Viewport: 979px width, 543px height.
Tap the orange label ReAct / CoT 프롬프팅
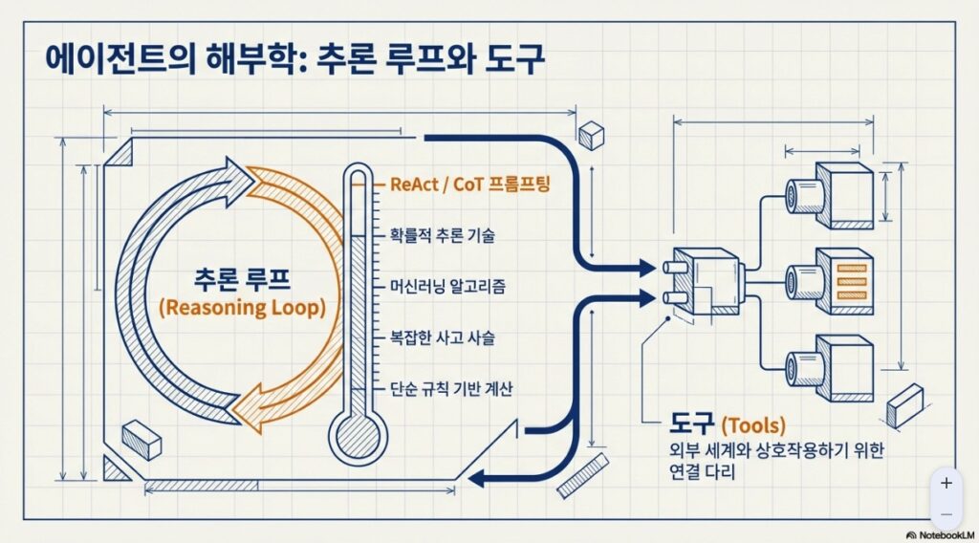tap(471, 185)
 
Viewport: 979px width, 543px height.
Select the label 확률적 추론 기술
tap(442, 234)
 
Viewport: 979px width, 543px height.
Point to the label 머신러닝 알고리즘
tap(448, 286)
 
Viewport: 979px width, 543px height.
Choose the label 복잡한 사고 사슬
tap(442, 337)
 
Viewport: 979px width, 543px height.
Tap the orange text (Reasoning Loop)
tap(242, 308)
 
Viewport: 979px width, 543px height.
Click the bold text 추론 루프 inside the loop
tap(242, 278)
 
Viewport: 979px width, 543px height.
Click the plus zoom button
tap(946, 484)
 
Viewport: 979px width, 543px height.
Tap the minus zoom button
tap(946, 513)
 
